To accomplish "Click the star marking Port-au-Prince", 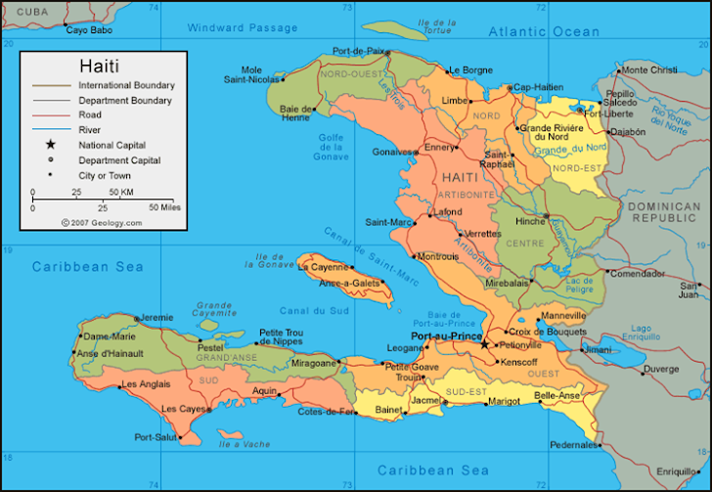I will click(x=484, y=344).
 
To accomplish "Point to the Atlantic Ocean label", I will click(x=545, y=31).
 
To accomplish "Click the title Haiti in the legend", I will click(x=99, y=67).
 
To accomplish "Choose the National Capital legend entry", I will click(x=111, y=145).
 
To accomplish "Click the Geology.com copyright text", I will click(x=102, y=223).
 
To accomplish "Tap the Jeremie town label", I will click(x=156, y=318).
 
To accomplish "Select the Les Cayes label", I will click(x=183, y=408).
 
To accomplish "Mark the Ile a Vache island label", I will click(x=244, y=444).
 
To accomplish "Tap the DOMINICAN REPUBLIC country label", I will click(x=664, y=212).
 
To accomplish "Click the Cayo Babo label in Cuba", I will click(x=90, y=30).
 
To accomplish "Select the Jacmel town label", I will click(x=426, y=400).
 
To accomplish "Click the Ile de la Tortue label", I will click(x=436, y=26).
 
